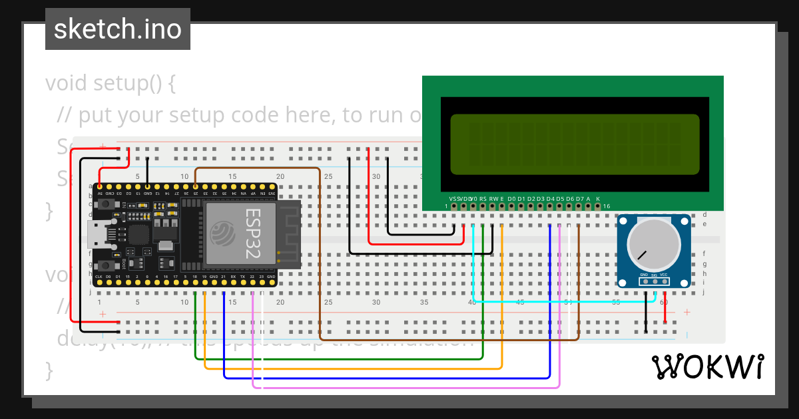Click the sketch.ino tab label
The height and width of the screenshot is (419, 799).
[118, 29]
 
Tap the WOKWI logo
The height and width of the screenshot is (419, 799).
[707, 366]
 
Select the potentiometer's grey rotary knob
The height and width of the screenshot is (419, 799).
[654, 244]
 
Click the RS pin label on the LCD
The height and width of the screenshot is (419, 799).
[483, 199]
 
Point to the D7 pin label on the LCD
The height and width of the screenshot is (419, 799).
[579, 199]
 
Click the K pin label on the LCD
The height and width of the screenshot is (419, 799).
[598, 199]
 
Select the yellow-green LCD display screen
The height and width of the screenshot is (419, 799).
[575, 144]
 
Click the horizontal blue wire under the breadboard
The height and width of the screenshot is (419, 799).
[386, 377]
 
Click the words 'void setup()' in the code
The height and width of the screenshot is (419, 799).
[110, 84]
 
